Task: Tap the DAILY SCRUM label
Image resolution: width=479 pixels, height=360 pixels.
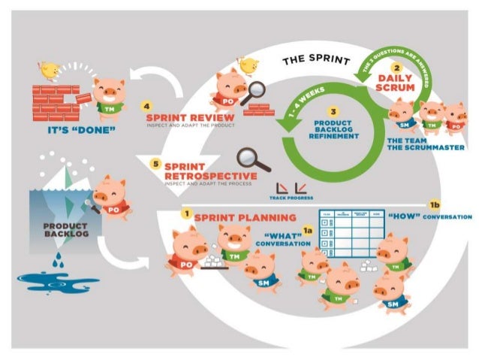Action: point(396,83)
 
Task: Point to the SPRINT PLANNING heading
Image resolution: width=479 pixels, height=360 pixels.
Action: point(233,218)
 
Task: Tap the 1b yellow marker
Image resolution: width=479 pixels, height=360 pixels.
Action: point(433,204)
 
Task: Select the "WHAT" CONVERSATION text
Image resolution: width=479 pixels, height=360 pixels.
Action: point(282,238)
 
